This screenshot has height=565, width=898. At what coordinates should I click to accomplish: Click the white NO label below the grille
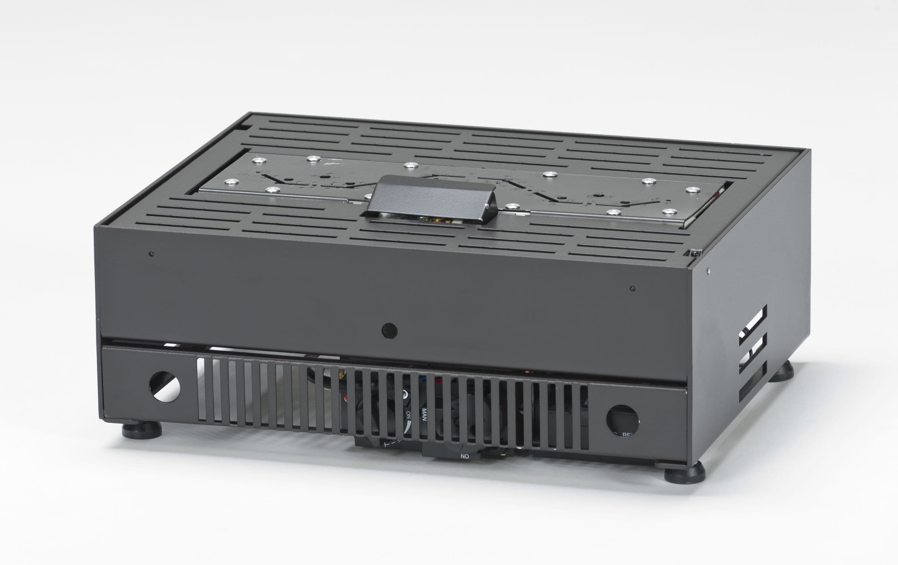click(464, 456)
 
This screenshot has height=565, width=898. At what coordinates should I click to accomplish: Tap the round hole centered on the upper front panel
click(389, 331)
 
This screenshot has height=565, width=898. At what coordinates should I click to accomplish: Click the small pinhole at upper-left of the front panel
click(151, 254)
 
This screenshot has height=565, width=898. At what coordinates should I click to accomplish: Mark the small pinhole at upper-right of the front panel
click(632, 289)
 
